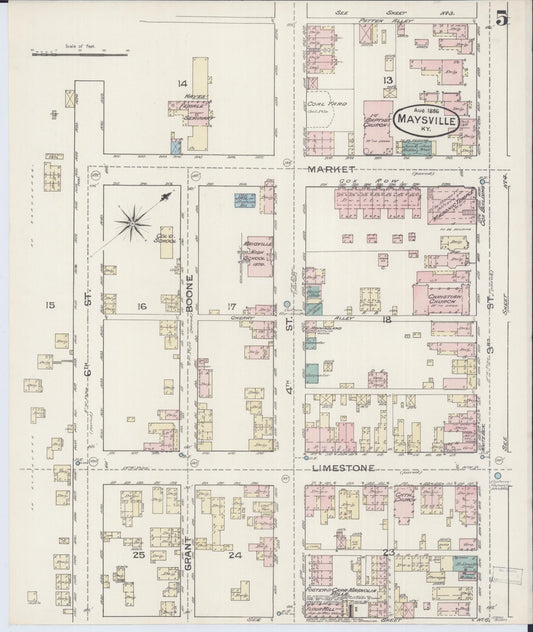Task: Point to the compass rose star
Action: (x=135, y=219)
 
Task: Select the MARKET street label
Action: (x=335, y=170)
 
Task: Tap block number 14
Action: (x=182, y=82)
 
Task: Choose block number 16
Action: (x=142, y=306)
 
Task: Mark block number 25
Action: (x=140, y=553)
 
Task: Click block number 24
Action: (x=236, y=553)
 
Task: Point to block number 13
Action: (x=388, y=80)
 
